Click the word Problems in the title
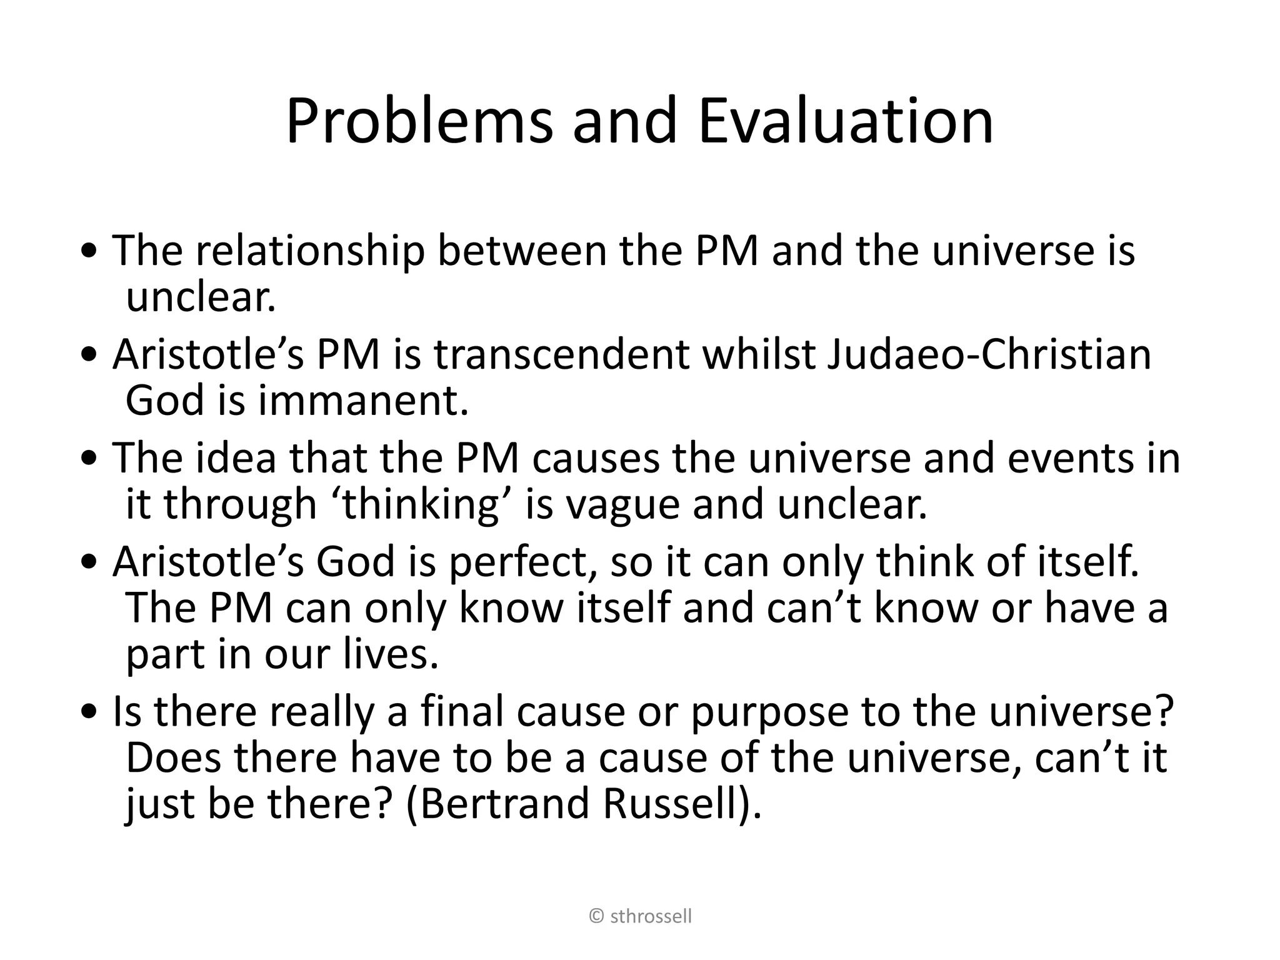[419, 121]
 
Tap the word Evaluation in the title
[845, 121]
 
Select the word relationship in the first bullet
[310, 251]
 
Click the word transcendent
[561, 355]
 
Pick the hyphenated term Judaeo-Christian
[989, 355]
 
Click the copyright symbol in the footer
[597, 917]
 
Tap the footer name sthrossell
[651, 917]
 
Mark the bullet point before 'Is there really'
[92, 712]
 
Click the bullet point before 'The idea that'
[92, 459]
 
